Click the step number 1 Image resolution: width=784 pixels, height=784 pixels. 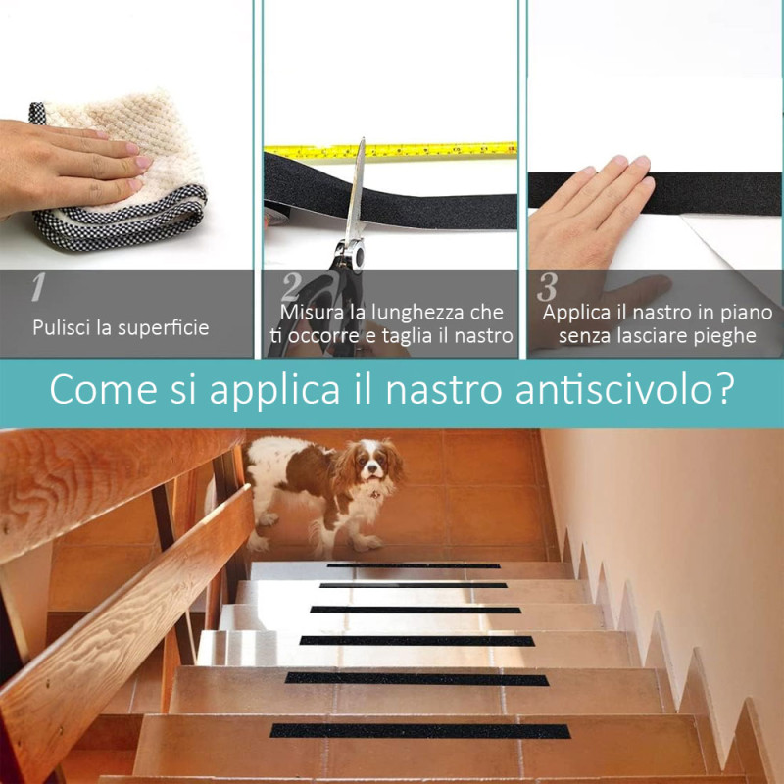pyautogui.click(x=38, y=287)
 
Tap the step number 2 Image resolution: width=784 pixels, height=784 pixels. pyautogui.click(x=291, y=287)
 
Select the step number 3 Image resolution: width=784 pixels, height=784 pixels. pyautogui.click(x=547, y=287)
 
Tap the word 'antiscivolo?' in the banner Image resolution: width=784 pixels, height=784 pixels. pyautogui.click(x=625, y=389)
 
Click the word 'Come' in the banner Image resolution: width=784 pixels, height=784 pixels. pyautogui.click(x=103, y=390)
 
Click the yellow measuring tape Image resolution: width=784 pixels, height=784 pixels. pyautogui.click(x=390, y=150)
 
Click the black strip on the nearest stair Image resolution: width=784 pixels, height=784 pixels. pyautogui.click(x=420, y=731)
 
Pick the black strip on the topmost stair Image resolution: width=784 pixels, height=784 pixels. pyautogui.click(x=414, y=566)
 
